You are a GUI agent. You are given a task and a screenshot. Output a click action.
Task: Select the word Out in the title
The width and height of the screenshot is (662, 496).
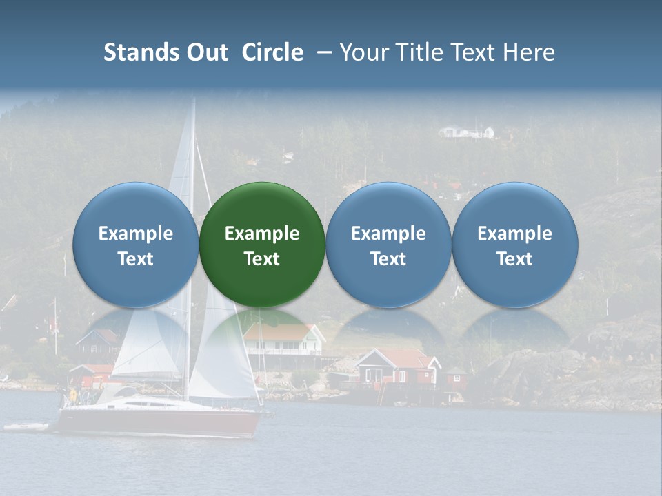(x=206, y=52)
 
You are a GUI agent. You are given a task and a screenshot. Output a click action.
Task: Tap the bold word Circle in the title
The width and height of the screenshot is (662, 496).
(x=272, y=52)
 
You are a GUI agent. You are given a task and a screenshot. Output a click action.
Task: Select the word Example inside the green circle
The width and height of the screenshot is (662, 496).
(x=262, y=234)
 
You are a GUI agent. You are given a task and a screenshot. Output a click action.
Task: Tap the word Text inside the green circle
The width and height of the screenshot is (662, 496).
(x=262, y=259)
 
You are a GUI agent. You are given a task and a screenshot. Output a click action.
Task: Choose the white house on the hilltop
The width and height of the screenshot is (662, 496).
(x=468, y=131)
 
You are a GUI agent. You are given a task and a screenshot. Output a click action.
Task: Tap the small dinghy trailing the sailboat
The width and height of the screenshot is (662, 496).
(x=26, y=427)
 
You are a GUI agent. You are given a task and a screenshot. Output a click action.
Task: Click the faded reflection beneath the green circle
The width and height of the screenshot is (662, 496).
(x=262, y=331)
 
